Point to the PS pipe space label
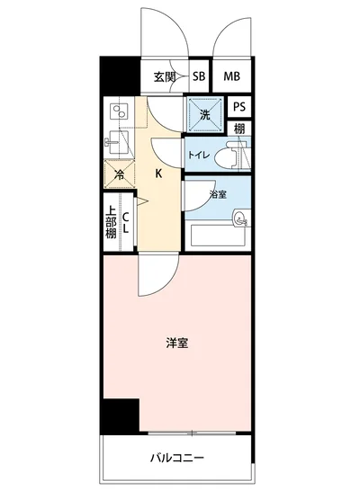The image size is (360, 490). pyautogui.click(x=238, y=106)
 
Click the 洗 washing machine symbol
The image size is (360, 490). pyautogui.click(x=204, y=114)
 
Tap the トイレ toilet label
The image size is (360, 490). pyautogui.click(x=199, y=155)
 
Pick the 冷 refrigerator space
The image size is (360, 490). pyautogui.click(x=117, y=174)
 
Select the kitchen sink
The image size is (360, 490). pyautogui.click(x=117, y=142)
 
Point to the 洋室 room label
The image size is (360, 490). pyautogui.click(x=176, y=342)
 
